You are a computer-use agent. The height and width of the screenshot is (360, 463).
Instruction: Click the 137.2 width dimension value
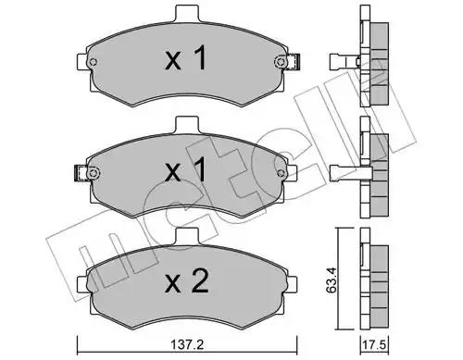(188, 344)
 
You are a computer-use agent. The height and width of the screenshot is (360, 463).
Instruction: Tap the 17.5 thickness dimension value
(374, 344)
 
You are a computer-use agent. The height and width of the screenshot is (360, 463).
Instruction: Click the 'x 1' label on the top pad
(185, 57)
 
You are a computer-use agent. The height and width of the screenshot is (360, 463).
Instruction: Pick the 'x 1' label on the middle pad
(185, 168)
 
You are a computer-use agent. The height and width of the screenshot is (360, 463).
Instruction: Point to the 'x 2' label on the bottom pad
(186, 280)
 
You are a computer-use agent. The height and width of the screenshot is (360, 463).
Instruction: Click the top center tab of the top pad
(187, 13)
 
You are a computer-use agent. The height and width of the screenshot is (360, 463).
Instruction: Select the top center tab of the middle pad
(187, 124)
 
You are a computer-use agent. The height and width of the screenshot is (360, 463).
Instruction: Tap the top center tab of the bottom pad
(187, 236)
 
